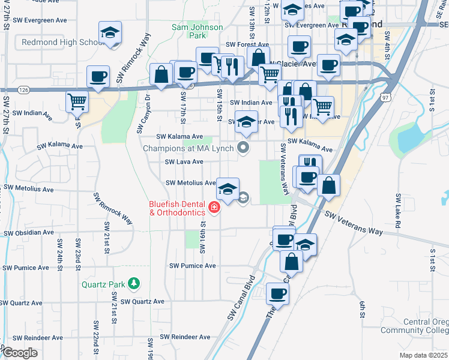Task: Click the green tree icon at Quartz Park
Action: pyautogui.click(x=136, y=283)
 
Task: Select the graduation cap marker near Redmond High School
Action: pyautogui.click(x=110, y=33)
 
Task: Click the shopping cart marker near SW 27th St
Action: pyautogui.click(x=77, y=103)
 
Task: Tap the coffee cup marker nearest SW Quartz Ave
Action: pyautogui.click(x=277, y=294)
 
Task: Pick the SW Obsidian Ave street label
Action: pyautogui.click(x=29, y=233)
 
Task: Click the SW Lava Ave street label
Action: pyautogui.click(x=184, y=162)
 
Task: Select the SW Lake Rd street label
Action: pyautogui.click(x=397, y=207)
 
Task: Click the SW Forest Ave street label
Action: pyautogui.click(x=247, y=44)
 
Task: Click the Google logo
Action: pyautogui.click(x=20, y=352)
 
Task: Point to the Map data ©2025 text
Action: pyautogui.click(x=424, y=355)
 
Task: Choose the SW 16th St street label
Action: pyautogui.click(x=203, y=233)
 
